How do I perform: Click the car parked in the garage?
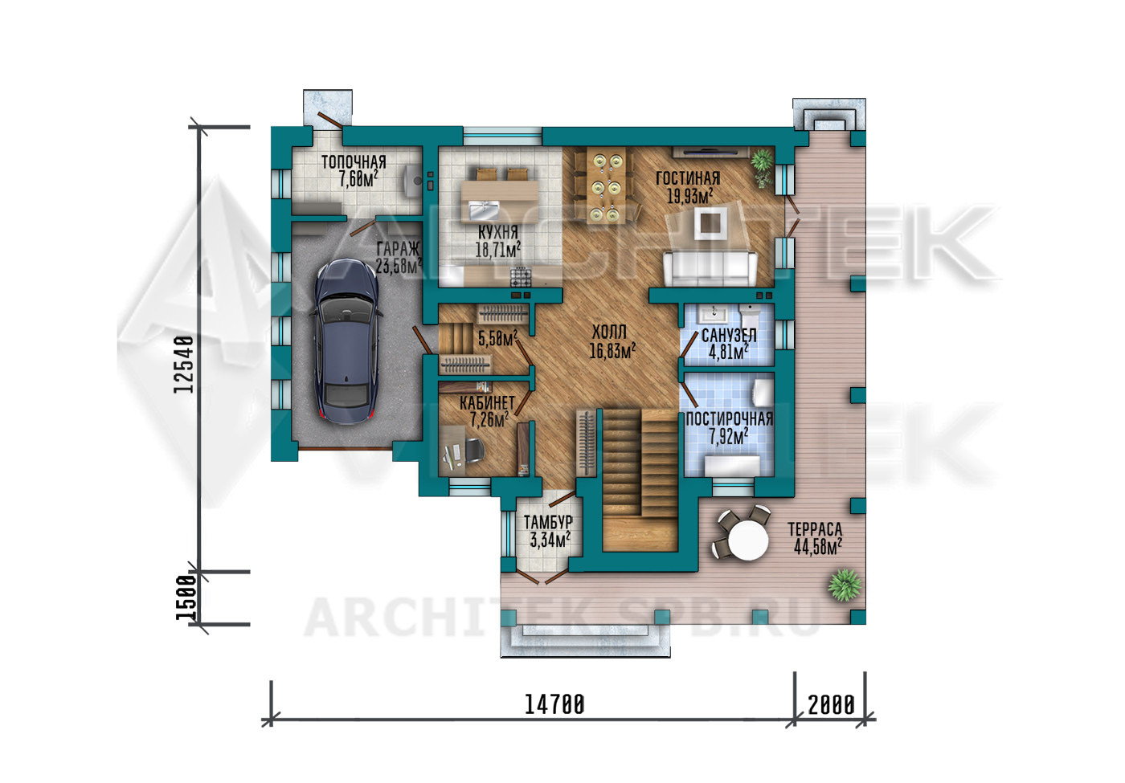(x=346, y=341)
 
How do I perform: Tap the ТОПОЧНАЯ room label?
(x=354, y=161)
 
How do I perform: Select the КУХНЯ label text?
(x=497, y=232)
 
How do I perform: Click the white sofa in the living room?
(x=710, y=268)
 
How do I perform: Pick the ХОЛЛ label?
(x=609, y=332)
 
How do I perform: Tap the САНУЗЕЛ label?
(x=729, y=336)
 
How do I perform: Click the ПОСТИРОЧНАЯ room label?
(x=730, y=418)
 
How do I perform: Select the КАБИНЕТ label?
(x=487, y=402)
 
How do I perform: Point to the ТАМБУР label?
(x=548, y=522)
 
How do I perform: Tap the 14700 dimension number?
(x=554, y=705)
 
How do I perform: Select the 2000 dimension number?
(x=831, y=705)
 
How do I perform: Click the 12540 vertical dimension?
(x=184, y=365)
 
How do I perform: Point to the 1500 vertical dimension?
(x=185, y=597)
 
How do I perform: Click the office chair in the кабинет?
(x=473, y=451)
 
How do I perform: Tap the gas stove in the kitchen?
(x=521, y=276)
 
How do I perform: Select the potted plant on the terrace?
(x=845, y=585)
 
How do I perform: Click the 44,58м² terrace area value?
(x=818, y=547)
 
